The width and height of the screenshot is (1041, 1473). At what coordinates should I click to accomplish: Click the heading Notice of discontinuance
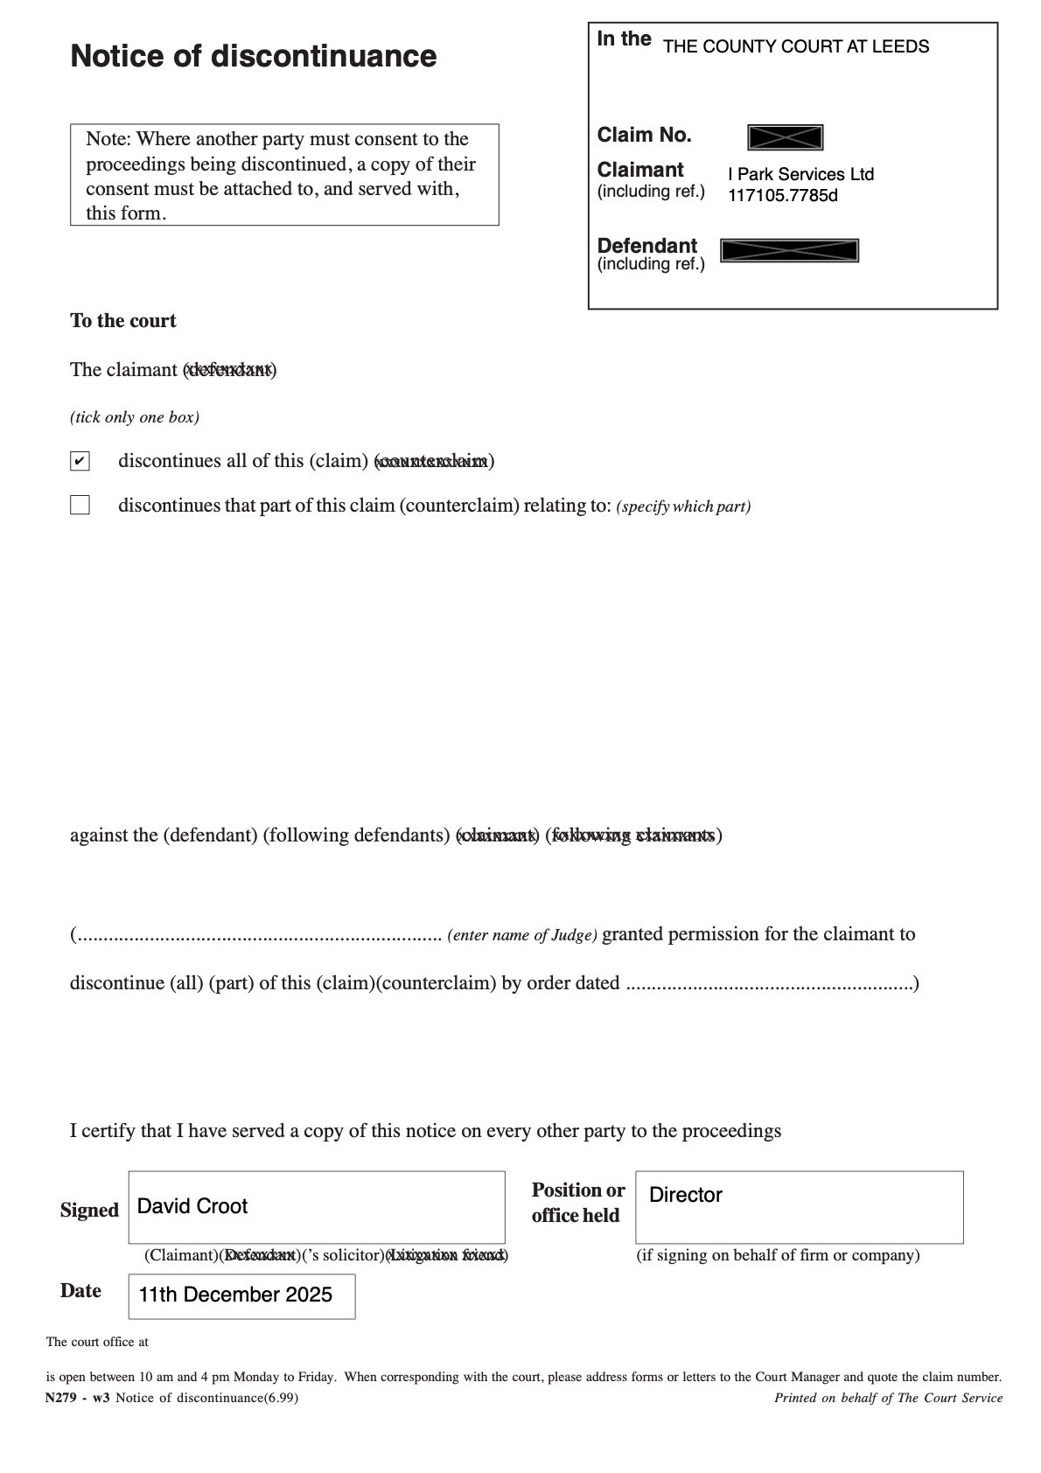click(x=253, y=56)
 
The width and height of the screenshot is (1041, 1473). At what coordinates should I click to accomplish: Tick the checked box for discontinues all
click(x=80, y=461)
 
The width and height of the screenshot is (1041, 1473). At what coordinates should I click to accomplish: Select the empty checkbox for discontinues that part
click(x=80, y=505)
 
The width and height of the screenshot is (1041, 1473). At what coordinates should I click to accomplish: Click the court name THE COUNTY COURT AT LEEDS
click(x=795, y=47)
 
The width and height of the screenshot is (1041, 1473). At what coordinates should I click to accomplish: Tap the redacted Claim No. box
click(x=785, y=137)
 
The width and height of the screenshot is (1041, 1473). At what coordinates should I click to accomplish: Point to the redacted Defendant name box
click(x=789, y=250)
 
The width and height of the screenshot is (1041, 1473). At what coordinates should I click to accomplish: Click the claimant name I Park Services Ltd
click(x=800, y=174)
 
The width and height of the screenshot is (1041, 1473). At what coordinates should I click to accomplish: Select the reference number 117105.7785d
click(x=782, y=195)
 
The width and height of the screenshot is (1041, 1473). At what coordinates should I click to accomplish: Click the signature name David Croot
click(x=192, y=1206)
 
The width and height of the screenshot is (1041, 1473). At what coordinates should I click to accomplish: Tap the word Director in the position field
click(x=686, y=1195)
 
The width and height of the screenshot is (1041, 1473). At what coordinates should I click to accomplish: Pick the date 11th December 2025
click(x=235, y=1295)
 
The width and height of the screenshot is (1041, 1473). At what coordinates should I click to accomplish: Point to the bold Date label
click(x=80, y=1291)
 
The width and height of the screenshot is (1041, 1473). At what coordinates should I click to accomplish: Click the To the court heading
click(x=122, y=321)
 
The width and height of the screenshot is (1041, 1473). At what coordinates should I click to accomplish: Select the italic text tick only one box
click(x=135, y=417)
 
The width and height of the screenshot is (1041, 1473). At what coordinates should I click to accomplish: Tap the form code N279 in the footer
click(x=62, y=1398)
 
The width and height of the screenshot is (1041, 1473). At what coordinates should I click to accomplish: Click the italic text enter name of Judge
click(x=522, y=935)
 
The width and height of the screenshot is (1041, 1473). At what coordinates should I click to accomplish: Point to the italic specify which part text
click(x=683, y=506)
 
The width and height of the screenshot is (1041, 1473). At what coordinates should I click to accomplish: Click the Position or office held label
click(x=577, y=1203)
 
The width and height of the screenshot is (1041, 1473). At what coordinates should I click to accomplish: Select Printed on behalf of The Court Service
click(x=888, y=1398)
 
